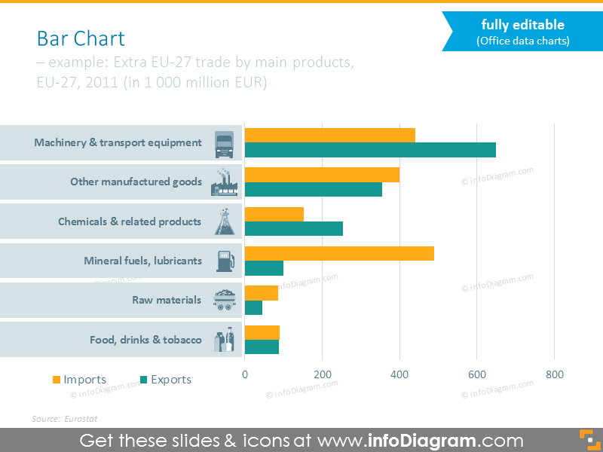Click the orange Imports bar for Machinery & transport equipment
tap(329, 135)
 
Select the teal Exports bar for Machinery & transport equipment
tap(370, 150)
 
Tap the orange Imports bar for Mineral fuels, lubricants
tap(339, 253)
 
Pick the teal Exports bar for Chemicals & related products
tap(293, 228)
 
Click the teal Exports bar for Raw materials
tap(253, 307)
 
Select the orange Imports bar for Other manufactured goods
tap(322, 174)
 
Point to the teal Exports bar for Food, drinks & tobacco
tap(262, 347)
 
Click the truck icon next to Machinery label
tap(224, 143)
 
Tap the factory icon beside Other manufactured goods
tap(222, 182)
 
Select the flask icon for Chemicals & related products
tap(224, 221)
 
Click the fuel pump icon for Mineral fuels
tap(225, 261)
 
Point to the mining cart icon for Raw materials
tap(224, 300)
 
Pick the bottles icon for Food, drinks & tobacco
tap(224, 340)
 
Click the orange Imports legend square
tap(56, 380)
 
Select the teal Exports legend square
tap(143, 380)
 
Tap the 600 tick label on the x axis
tap(476, 374)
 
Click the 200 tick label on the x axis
tap(322, 374)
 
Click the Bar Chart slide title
tap(81, 38)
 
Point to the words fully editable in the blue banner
tap(522, 26)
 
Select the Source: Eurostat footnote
tap(65, 418)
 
